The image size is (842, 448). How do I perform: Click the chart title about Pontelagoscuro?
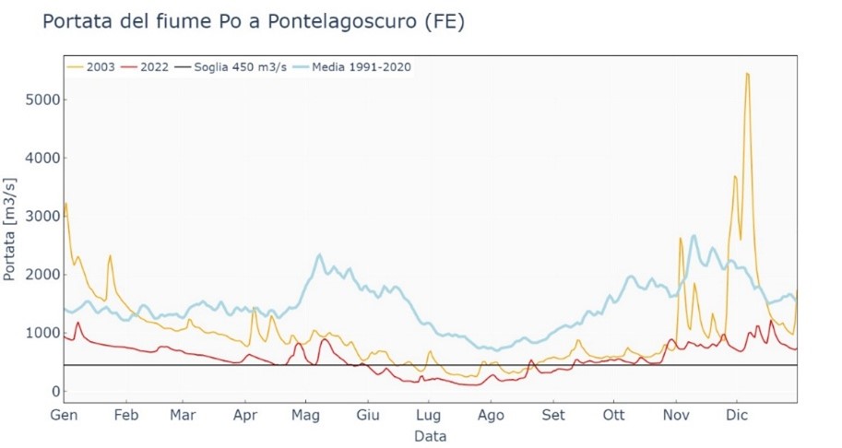coord(254,22)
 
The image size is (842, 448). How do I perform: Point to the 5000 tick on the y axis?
coord(37,100)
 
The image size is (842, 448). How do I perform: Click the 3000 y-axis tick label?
coord(37,217)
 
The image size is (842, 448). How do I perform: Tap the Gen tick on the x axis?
coord(62,414)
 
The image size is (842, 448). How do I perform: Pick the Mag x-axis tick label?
coord(305,414)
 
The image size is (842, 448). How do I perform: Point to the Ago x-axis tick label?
coord(491,414)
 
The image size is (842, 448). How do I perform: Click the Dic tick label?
coord(737,414)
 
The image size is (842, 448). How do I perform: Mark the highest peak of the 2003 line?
coord(747,74)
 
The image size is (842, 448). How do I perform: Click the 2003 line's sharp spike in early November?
coord(681,239)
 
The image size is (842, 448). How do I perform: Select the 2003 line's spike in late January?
coord(110,255)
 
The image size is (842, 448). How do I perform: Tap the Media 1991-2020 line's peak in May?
coord(319,254)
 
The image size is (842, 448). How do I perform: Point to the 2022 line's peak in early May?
coord(325,340)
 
